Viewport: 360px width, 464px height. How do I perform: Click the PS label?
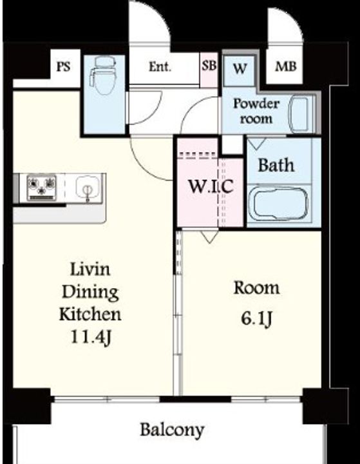[x=64, y=66]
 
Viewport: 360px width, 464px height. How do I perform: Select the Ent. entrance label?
[x=160, y=66]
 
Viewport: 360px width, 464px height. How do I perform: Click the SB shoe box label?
[x=209, y=65]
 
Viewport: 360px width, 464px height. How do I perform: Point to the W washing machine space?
[x=240, y=69]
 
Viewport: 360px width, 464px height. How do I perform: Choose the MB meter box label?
[x=286, y=66]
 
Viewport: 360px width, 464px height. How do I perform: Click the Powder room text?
[x=256, y=111]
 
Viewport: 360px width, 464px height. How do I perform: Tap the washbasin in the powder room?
[x=300, y=114]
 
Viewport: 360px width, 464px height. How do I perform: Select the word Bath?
[x=276, y=165]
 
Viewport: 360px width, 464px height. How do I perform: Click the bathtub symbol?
[x=278, y=203]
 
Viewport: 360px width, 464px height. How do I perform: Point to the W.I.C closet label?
[x=211, y=187]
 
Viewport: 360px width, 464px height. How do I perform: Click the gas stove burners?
[x=42, y=188]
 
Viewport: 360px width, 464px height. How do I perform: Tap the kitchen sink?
[x=88, y=188]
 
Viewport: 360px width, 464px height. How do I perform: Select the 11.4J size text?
[x=91, y=337]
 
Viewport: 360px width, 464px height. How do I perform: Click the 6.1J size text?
[x=256, y=319]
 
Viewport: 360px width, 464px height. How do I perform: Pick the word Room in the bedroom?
[x=256, y=287]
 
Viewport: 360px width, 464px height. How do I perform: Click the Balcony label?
[x=172, y=430]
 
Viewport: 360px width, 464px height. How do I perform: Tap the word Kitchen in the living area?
[x=90, y=314]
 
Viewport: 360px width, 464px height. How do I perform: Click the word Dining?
[x=90, y=293]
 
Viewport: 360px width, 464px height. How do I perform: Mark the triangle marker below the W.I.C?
[x=209, y=237]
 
